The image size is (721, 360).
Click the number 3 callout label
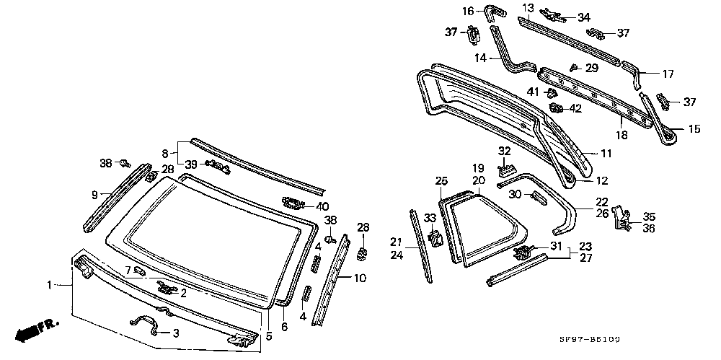point(174,333)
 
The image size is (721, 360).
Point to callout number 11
point(606,153)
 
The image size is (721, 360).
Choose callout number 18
point(621,135)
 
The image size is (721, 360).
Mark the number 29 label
point(592,68)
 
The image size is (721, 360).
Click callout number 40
point(322,206)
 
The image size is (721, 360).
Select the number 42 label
point(575,108)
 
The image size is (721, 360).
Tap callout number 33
point(429,217)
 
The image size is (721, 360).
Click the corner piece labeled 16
point(496,11)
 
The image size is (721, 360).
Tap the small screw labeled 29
point(572,67)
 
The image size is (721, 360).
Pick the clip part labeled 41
point(552,93)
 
